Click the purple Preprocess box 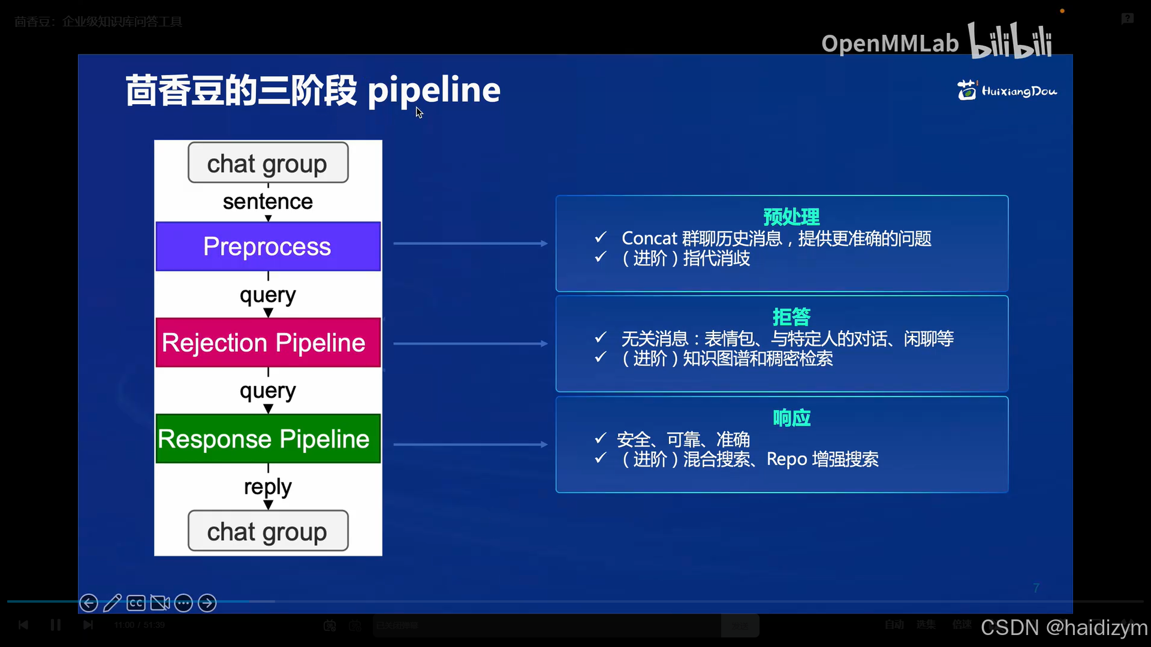click(268, 247)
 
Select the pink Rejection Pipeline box click(268, 343)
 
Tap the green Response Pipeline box click(268, 439)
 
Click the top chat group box click(268, 163)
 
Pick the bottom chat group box click(268, 531)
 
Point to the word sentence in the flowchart click(268, 202)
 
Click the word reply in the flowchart click(268, 486)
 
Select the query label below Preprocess click(268, 295)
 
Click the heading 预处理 click(791, 217)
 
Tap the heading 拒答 click(791, 317)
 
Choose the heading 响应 click(791, 418)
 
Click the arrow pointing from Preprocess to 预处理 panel click(471, 243)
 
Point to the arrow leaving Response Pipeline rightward click(471, 445)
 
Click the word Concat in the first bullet click(649, 238)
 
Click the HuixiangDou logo click(1007, 90)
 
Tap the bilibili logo click(1010, 41)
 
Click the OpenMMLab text click(890, 43)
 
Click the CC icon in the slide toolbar click(136, 603)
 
